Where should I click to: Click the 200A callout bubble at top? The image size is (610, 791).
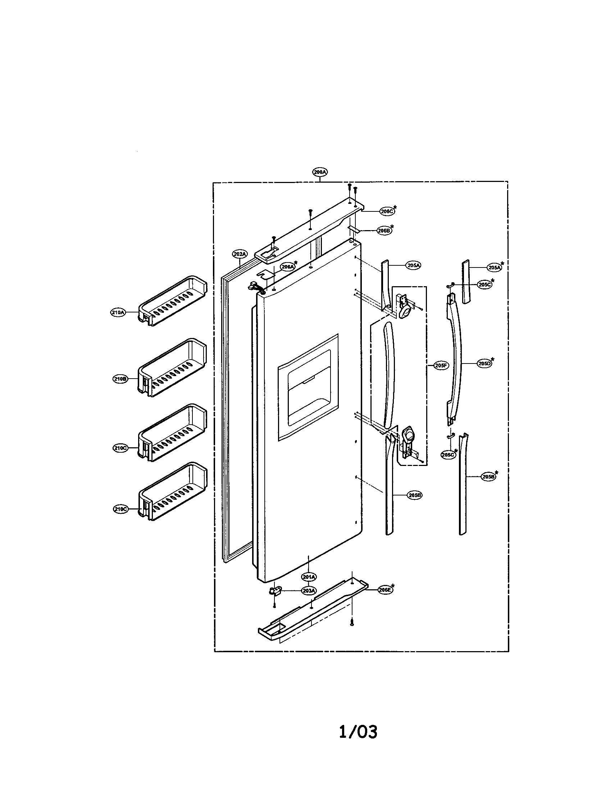point(319,172)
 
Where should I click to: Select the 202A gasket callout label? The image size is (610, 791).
point(240,255)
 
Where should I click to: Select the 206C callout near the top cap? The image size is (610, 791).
point(387,211)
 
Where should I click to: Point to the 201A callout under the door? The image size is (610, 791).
point(309,576)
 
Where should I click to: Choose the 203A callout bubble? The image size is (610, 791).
point(309,591)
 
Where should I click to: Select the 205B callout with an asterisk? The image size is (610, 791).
point(488,477)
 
